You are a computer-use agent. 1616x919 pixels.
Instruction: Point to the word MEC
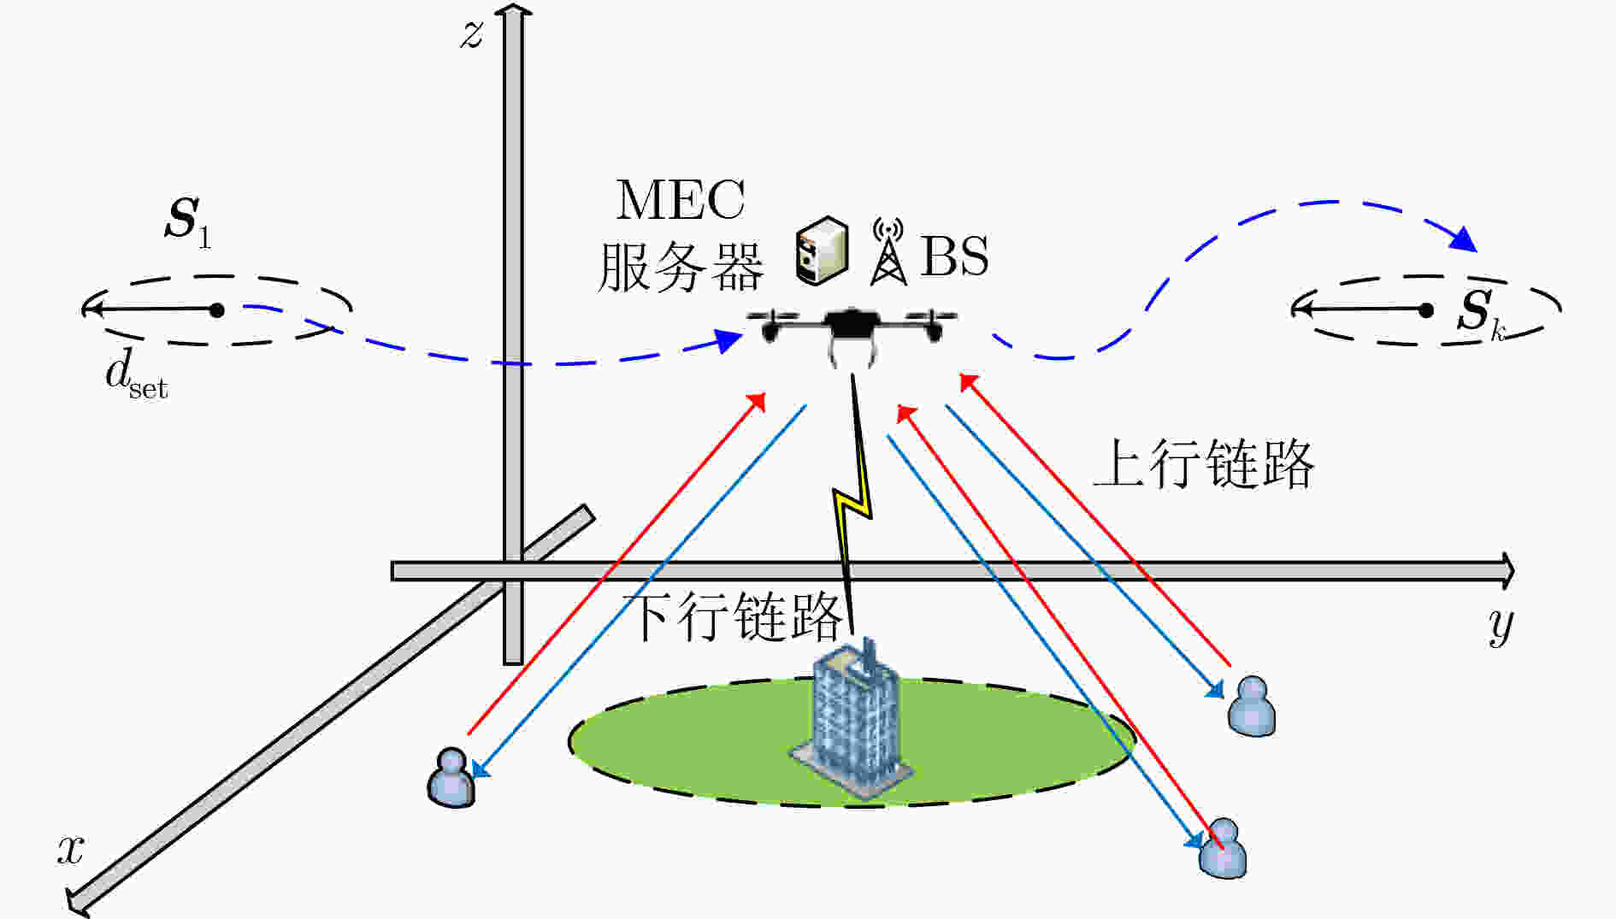(x=680, y=200)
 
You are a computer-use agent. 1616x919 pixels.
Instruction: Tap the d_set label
(x=136, y=376)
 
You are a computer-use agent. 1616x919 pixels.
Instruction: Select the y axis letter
(x=1501, y=627)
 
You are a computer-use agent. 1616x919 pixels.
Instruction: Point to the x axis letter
(x=71, y=850)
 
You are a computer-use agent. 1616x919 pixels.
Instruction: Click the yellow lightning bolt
(x=852, y=504)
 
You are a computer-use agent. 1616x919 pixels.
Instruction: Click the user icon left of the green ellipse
(x=451, y=777)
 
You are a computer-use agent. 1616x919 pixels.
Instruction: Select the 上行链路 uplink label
(x=1204, y=464)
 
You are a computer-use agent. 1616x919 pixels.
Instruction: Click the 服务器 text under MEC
(x=680, y=267)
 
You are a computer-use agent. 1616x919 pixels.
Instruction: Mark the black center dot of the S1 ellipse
(x=217, y=309)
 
